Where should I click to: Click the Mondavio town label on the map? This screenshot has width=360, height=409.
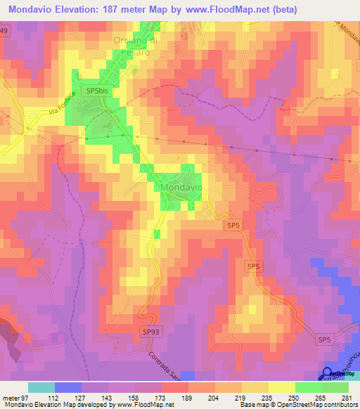[x=181, y=188]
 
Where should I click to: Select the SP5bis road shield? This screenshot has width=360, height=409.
[x=97, y=91]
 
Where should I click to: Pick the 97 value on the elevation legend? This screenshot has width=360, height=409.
[x=27, y=397]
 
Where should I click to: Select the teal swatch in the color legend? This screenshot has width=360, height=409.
[x=41, y=387]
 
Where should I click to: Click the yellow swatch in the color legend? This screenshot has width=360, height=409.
[x=281, y=387]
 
